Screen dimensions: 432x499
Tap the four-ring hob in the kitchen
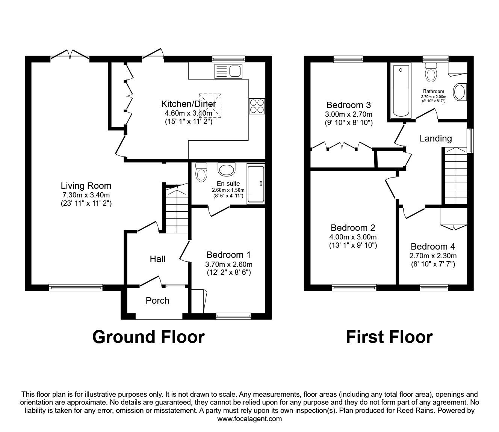click(257, 105)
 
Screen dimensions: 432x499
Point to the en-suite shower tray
click(256, 184)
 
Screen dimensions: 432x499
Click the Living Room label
click(86, 185)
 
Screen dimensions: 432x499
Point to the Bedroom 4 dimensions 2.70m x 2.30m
click(432, 256)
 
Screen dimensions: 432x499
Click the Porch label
click(157, 301)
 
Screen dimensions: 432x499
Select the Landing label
click(435, 138)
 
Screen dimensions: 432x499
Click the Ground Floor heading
click(148, 337)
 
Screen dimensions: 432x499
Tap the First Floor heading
click(389, 337)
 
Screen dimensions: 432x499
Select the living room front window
click(76, 287)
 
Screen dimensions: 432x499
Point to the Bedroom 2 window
click(354, 287)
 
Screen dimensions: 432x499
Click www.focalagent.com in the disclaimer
click(249, 419)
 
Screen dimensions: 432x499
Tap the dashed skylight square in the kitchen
click(210, 105)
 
